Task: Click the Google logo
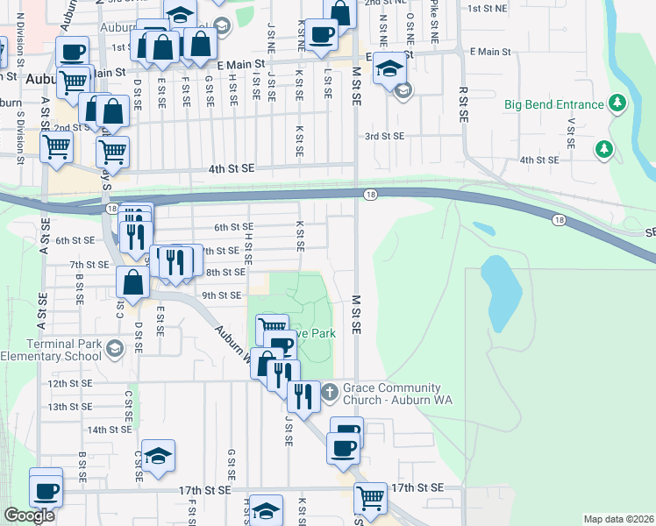30,515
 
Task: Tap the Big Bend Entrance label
554,104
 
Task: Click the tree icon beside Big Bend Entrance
618,103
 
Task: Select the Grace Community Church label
391,394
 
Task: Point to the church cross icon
329,391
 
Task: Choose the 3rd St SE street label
384,136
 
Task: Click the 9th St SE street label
221,295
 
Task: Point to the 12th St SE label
70,384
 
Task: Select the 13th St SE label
70,407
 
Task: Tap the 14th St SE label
109,430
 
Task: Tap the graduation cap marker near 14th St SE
158,457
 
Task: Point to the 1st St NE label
488,8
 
